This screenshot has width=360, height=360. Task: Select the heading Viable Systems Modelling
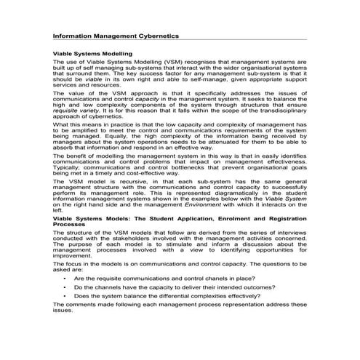(92, 55)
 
